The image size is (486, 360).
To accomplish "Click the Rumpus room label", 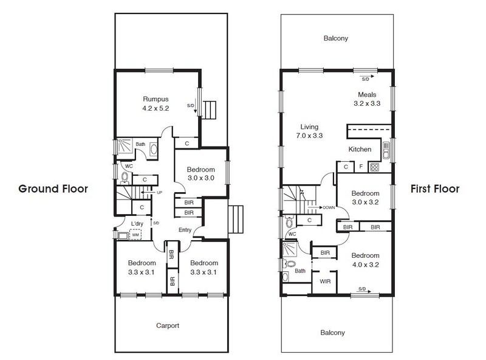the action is (156, 99).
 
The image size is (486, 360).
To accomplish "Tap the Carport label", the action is (168, 325).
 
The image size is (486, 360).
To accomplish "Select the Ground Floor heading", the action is (53, 189).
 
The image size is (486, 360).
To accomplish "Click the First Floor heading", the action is (435, 189).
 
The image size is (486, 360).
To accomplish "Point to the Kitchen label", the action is (360, 149).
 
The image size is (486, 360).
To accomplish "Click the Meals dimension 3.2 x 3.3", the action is (367, 103).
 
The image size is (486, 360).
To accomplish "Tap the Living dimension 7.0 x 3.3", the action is (309, 136).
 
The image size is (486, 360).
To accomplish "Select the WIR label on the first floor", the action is (325, 282).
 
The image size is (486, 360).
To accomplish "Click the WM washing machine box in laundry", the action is (135, 235).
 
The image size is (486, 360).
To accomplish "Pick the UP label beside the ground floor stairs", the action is (159, 193).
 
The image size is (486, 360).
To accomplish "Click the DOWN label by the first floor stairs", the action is (329, 207).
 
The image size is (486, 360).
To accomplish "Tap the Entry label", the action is (185, 230).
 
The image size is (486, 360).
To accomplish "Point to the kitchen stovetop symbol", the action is (374, 167).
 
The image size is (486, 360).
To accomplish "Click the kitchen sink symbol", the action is (386, 151).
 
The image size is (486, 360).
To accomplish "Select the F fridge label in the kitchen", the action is (361, 167).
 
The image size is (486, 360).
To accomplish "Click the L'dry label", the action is (137, 224).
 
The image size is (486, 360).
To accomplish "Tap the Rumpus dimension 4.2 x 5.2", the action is (156, 108).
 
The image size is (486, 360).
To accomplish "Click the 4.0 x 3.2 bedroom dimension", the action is (366, 265).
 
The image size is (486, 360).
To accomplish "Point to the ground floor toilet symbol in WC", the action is (125, 178).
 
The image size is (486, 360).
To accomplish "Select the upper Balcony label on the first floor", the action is (336, 38).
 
